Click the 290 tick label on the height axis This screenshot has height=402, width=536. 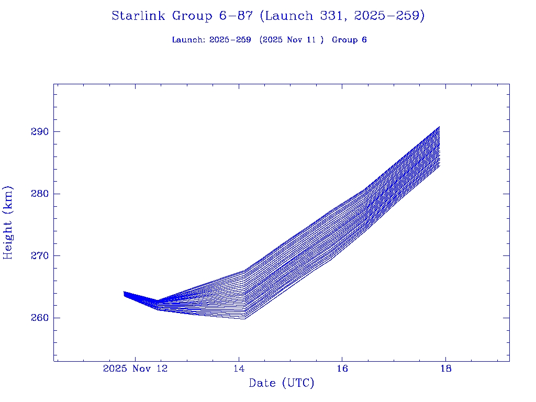[x=39, y=131]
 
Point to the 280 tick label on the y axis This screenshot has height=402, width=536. [x=39, y=194]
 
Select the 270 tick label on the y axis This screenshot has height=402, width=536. [x=39, y=256]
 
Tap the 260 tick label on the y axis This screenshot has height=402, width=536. [x=39, y=318]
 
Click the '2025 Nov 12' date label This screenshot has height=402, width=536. [x=135, y=368]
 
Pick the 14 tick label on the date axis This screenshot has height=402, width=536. [x=239, y=368]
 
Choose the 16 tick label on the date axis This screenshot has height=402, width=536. [x=342, y=368]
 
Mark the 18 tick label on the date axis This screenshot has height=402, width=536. [x=445, y=368]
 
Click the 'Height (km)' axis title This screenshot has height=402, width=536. [x=8, y=222]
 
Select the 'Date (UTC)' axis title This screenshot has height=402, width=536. [x=282, y=384]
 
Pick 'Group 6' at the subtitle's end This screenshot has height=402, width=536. [x=349, y=40]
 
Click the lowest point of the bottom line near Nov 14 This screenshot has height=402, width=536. [x=244, y=319]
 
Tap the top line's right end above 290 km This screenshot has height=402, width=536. [x=440, y=127]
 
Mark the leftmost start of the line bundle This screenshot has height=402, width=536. [x=124, y=293]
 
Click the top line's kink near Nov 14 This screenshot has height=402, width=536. [x=245, y=271]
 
